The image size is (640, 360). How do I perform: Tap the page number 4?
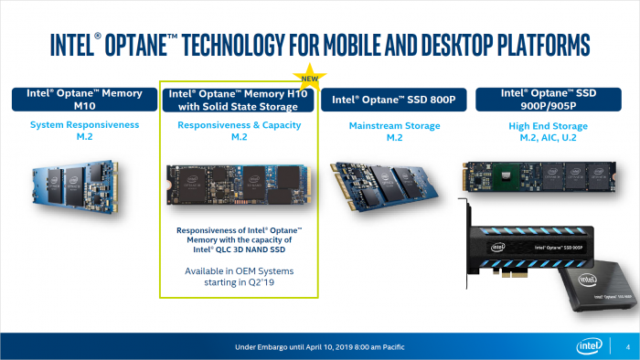pyautogui.click(x=625, y=345)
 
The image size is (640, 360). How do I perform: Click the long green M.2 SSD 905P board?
pyautogui.click(x=549, y=175)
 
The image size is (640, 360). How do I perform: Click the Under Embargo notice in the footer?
pyautogui.click(x=319, y=345)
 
